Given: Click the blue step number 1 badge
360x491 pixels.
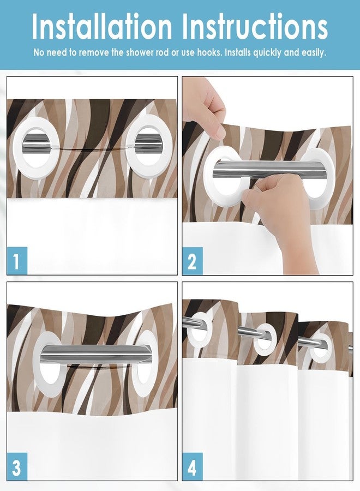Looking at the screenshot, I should pyautogui.click(x=17, y=262).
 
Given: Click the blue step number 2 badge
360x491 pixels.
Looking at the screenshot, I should pyautogui.click(x=192, y=262).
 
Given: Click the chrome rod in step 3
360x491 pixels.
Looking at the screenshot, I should pyautogui.click(x=93, y=355).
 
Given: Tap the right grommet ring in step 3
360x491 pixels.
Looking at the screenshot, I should pyautogui.click(x=145, y=363).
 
